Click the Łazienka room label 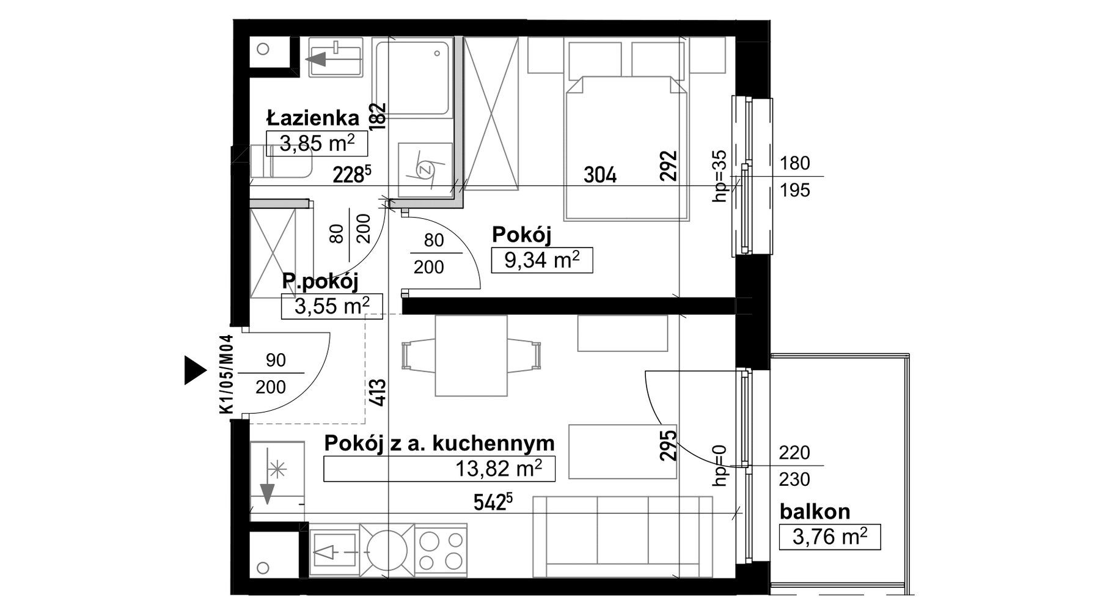coord(313,117)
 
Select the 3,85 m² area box coord(317,144)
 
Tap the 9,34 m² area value coord(541,260)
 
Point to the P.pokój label coord(320,281)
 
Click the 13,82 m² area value coord(499,469)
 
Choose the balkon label coord(815,511)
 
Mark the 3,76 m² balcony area coord(830,537)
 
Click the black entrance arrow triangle coord(196,370)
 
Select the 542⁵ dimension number coord(493,502)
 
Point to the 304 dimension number coord(600,175)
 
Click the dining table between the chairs coord(471,356)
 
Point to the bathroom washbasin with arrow coord(335,57)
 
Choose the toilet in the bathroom coord(280,162)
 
